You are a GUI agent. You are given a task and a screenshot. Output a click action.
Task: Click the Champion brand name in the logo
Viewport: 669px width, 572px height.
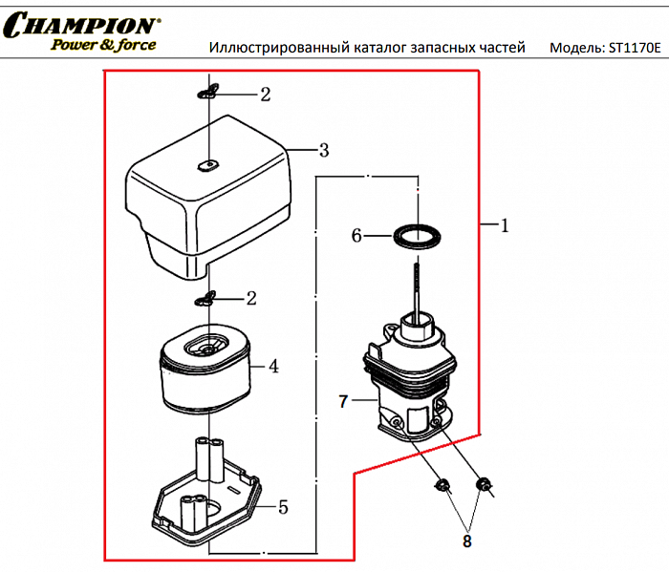click(81, 25)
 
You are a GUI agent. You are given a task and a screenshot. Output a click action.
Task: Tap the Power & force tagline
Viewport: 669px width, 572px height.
click(103, 44)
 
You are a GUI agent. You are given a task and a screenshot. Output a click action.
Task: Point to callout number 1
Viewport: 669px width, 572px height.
click(505, 226)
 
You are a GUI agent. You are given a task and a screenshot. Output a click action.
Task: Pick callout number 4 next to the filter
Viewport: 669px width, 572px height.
click(273, 366)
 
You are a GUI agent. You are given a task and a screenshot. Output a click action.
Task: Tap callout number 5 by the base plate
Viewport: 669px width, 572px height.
click(283, 507)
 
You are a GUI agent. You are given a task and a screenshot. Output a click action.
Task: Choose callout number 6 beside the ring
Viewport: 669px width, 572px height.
click(357, 235)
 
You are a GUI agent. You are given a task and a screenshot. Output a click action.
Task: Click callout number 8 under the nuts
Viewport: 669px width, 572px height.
click(466, 541)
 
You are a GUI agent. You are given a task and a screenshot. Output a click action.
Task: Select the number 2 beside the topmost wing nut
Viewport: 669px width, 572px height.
click(265, 95)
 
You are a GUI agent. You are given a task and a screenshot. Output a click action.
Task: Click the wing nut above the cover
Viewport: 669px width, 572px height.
click(209, 92)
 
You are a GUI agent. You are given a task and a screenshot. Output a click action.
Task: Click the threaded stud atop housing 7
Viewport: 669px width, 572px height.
click(418, 286)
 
